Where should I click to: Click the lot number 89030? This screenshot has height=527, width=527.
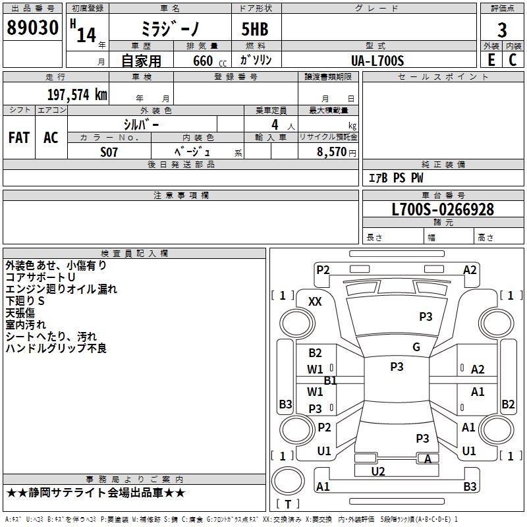tap(32, 28)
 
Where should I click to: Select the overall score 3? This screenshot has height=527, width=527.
tap(502, 30)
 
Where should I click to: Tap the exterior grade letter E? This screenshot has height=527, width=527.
tap(491, 60)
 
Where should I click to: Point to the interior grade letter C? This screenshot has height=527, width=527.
tap(513, 60)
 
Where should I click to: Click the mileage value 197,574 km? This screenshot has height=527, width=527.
tap(77, 94)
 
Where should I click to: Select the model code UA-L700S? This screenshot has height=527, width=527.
tap(378, 60)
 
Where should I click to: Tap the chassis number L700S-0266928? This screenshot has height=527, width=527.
tap(442, 209)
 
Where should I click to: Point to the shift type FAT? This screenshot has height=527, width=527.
tap(19, 138)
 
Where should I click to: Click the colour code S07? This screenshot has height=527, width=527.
tap(109, 151)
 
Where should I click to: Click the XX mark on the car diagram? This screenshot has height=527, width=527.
tap(316, 301)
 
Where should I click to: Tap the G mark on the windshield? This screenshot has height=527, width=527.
tap(416, 347)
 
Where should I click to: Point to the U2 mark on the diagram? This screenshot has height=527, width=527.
tap(377, 471)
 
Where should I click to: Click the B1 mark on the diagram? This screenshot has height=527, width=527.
tap(330, 380)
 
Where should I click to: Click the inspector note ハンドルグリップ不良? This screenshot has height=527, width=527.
tap(56, 348)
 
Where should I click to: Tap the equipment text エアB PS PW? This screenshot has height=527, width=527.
tap(395, 178)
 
